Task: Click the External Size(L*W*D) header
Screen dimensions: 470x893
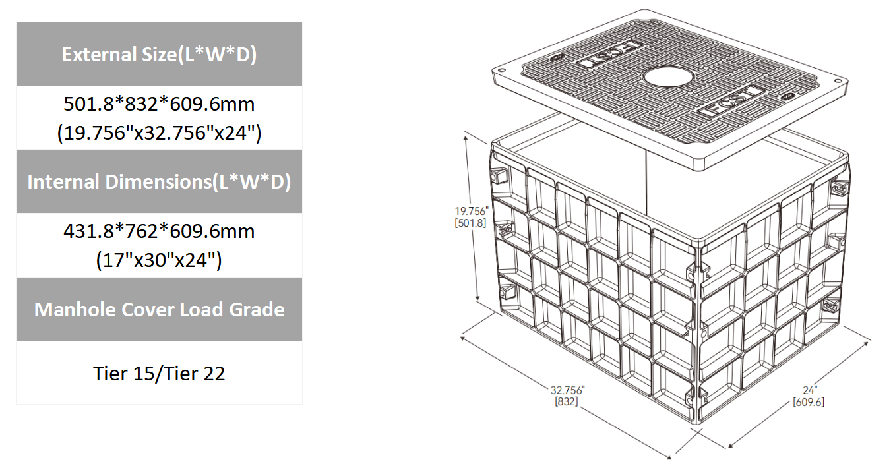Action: click(x=159, y=55)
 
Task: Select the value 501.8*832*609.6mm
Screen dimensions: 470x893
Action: click(x=159, y=104)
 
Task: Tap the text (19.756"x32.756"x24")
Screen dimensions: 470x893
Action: click(x=159, y=133)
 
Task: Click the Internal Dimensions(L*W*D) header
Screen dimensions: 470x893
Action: click(x=159, y=182)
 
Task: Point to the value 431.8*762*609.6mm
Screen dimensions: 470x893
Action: click(x=159, y=232)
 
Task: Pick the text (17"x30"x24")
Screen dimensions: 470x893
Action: click(x=159, y=260)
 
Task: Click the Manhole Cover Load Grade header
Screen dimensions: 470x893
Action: click(x=159, y=310)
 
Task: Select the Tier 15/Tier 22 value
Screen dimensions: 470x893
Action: click(x=159, y=374)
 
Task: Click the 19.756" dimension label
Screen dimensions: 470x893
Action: click(x=471, y=212)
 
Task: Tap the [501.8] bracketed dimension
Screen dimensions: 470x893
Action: click(x=471, y=223)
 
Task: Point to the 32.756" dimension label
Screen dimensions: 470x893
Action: click(x=567, y=388)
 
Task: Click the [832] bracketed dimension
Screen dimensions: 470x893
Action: click(x=567, y=400)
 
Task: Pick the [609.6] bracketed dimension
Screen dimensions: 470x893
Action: click(x=809, y=401)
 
